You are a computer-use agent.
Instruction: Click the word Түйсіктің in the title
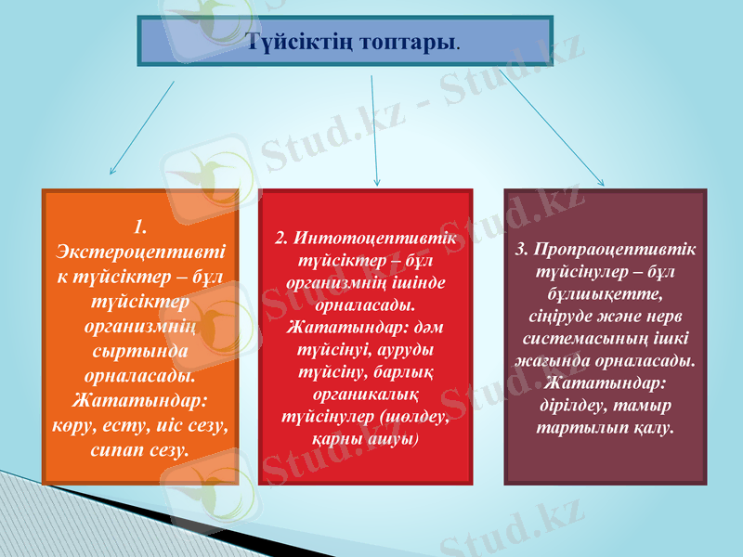(x=299, y=42)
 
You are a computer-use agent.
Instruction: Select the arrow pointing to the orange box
(x=141, y=129)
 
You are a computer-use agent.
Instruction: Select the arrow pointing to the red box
(x=374, y=130)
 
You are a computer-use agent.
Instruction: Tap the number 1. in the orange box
(x=139, y=226)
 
